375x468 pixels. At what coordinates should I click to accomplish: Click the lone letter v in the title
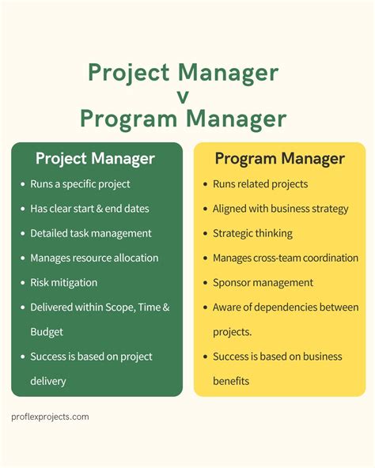point(184,96)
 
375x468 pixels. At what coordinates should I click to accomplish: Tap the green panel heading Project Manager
point(95,158)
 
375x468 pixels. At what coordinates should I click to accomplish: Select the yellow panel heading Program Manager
point(279,158)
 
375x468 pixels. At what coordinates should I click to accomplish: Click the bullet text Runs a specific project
point(80,184)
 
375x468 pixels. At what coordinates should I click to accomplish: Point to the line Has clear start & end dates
point(89,209)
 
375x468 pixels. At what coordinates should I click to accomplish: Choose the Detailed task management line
point(90,233)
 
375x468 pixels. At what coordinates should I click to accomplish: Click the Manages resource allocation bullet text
point(94,258)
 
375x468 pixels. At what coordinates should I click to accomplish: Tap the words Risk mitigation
point(64,282)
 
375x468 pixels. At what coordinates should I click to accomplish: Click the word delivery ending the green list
point(48,381)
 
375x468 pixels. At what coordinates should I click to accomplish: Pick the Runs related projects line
point(260,184)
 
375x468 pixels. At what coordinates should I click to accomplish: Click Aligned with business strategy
point(280,209)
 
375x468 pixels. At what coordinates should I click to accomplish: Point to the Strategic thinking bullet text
point(252,233)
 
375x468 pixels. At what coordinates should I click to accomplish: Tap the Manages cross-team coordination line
point(286,258)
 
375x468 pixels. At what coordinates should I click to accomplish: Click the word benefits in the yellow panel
point(231,381)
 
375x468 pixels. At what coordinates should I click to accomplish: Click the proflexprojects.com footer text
point(50,417)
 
